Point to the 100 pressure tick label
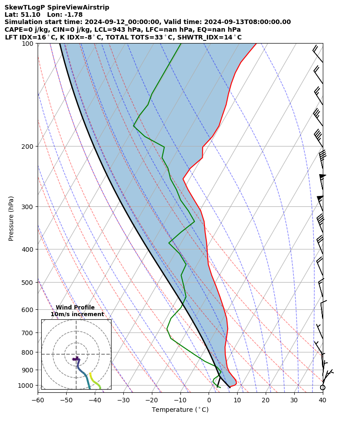coord(28,44)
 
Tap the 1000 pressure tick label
coord(26,386)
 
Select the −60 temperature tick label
coord(38,401)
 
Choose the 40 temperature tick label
coord(322,401)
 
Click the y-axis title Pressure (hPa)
coord(11,218)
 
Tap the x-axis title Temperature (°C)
coord(180,410)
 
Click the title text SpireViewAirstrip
coord(63,7)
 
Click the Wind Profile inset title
coord(75,308)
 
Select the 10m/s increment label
coord(77,314)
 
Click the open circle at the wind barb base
coord(322,387)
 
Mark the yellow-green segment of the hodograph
coord(95,381)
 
